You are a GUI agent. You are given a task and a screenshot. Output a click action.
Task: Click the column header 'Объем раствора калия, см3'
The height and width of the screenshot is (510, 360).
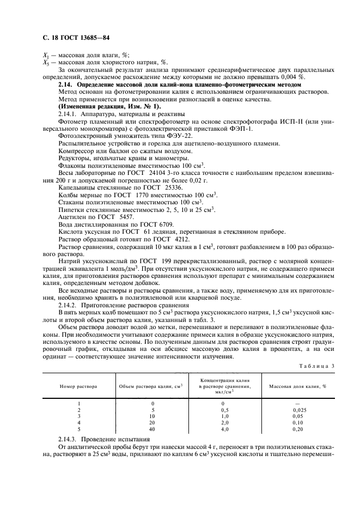pos(150,386)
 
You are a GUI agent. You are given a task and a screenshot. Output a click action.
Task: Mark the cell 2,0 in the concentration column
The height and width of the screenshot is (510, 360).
pos(223,422)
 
